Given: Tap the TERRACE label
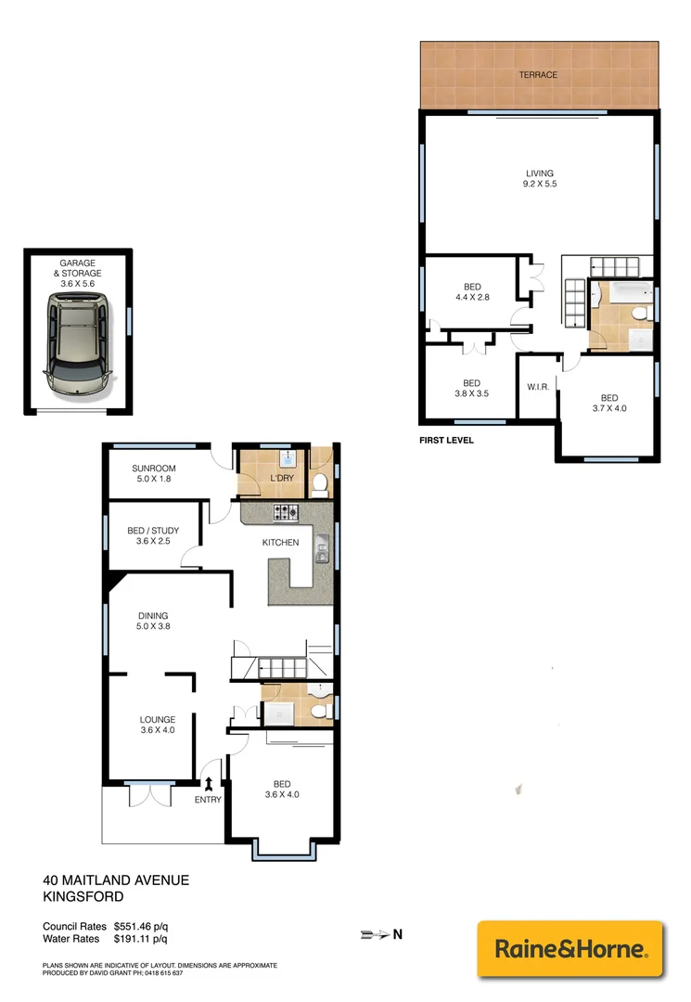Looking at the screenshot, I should coord(538,74).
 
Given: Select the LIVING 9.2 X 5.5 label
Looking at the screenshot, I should coord(539,178).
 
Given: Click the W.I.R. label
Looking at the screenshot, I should coord(537,386).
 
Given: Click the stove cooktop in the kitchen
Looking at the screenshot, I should coord(285,513).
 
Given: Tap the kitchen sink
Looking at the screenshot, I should coord(321,549).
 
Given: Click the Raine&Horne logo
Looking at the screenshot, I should coord(570,949).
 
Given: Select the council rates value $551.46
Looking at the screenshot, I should coord(139,926).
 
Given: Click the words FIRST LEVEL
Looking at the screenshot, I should coord(446,441).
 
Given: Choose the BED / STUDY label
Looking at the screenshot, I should coord(153,536).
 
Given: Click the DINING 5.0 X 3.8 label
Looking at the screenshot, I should coord(153,621).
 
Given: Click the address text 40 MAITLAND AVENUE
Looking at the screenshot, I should coord(116,880).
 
